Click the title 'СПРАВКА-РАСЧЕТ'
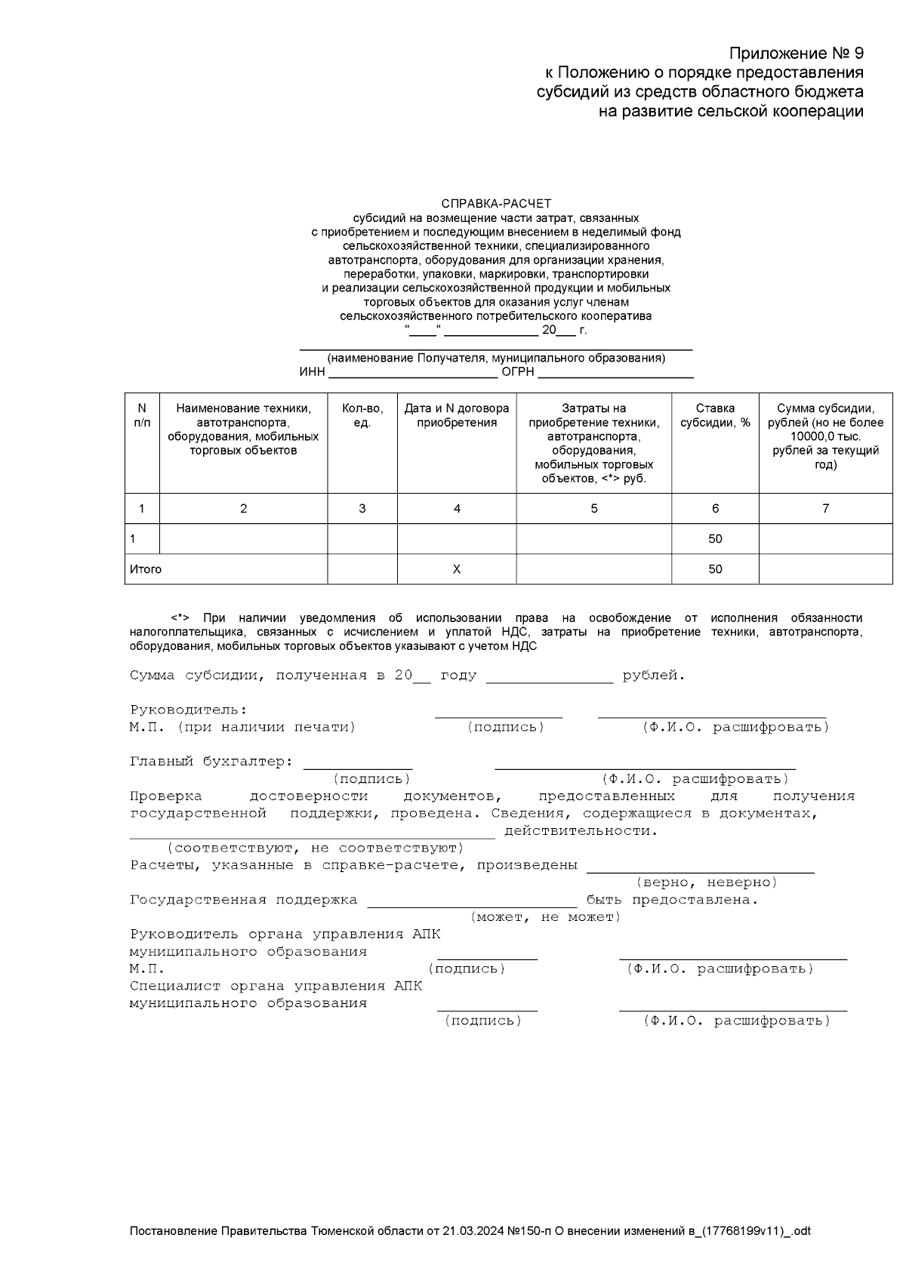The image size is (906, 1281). pos(496,204)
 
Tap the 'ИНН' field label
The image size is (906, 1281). pos(312,372)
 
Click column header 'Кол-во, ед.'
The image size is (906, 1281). pos(362,415)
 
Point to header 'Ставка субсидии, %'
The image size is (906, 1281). pos(715,415)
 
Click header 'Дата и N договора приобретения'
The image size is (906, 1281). pos(457,415)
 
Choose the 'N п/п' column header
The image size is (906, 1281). pos(142,415)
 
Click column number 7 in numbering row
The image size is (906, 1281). pos(825,509)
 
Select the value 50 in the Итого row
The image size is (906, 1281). pos(715,569)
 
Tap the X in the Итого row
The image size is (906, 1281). pos(457,569)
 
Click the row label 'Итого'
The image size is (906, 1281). pos(146,569)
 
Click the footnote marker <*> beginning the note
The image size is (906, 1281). pos(180,618)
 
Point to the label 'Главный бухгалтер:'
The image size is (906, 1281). pos(211,762)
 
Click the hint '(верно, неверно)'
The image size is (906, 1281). pos(707,882)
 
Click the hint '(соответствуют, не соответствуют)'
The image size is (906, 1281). pos(315,848)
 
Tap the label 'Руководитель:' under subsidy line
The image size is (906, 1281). pos(189,710)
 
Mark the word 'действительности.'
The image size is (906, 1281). pos(581,831)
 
